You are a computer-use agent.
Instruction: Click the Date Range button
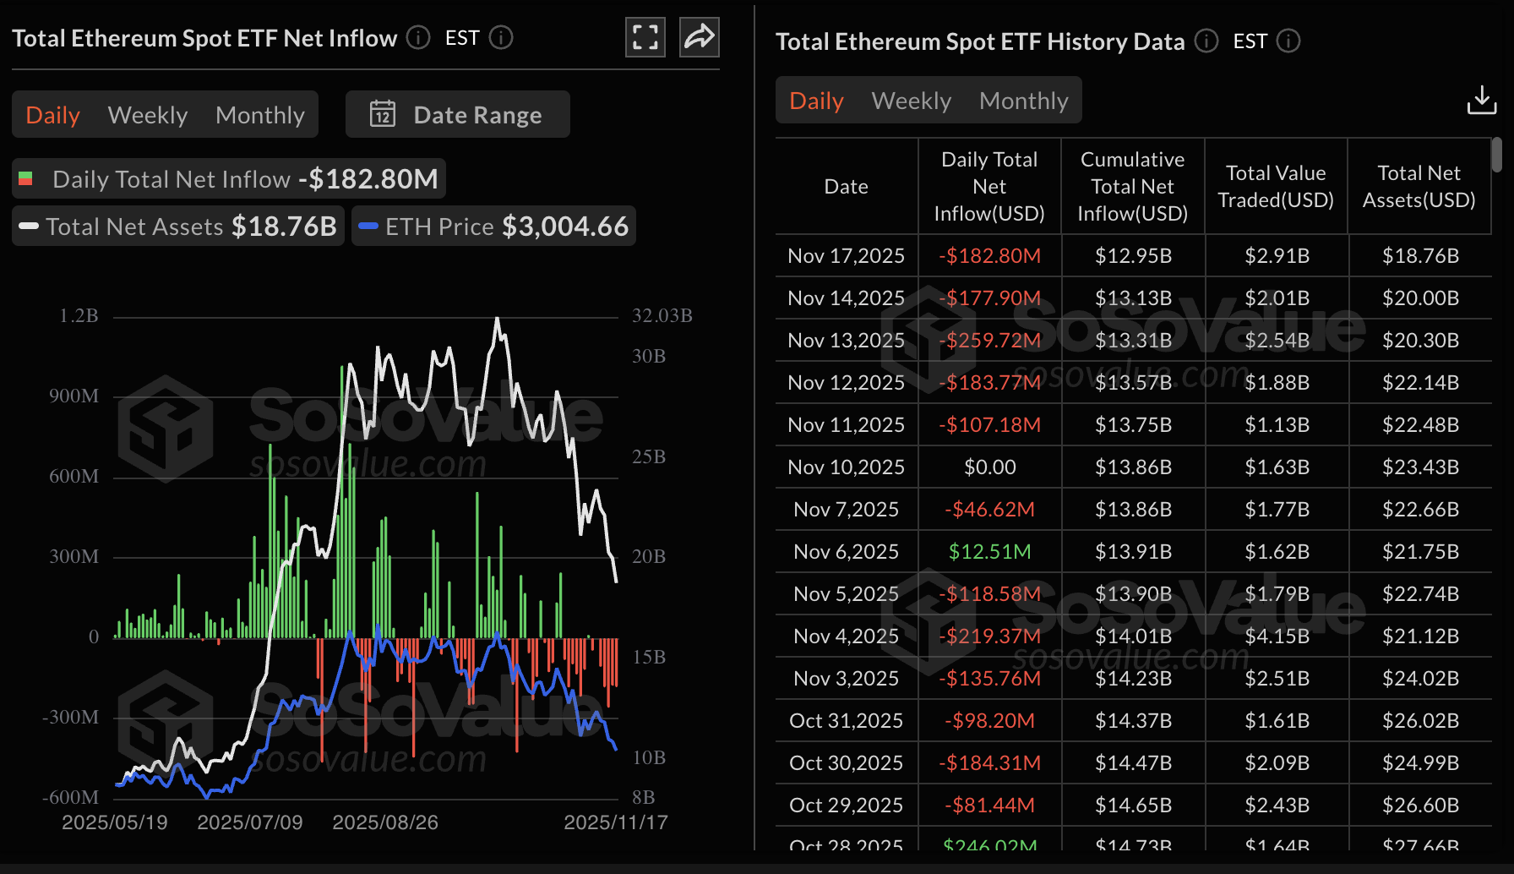click(457, 114)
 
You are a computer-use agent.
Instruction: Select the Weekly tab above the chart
click(148, 115)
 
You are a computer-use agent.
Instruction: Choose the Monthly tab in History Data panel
click(1023, 101)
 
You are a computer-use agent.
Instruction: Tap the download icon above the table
click(1481, 100)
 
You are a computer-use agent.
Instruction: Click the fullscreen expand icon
click(645, 37)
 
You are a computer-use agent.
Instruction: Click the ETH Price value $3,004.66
click(564, 227)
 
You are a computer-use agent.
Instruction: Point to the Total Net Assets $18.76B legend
click(178, 227)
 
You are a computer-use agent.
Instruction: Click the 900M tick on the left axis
click(74, 396)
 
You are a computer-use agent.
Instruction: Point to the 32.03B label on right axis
click(662, 315)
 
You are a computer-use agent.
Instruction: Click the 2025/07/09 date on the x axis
click(249, 822)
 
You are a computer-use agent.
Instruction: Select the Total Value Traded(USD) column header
click(1276, 187)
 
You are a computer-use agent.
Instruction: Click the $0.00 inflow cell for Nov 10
click(989, 467)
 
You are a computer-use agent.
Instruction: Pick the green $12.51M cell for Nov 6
click(989, 551)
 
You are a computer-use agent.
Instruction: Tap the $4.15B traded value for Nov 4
click(1277, 636)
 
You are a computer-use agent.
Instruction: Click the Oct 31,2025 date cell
click(846, 720)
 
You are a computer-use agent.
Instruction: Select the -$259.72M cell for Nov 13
click(989, 340)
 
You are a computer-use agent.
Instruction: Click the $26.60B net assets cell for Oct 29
click(1420, 805)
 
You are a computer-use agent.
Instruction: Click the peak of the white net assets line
click(497, 319)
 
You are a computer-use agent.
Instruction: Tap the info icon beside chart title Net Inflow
click(417, 37)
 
